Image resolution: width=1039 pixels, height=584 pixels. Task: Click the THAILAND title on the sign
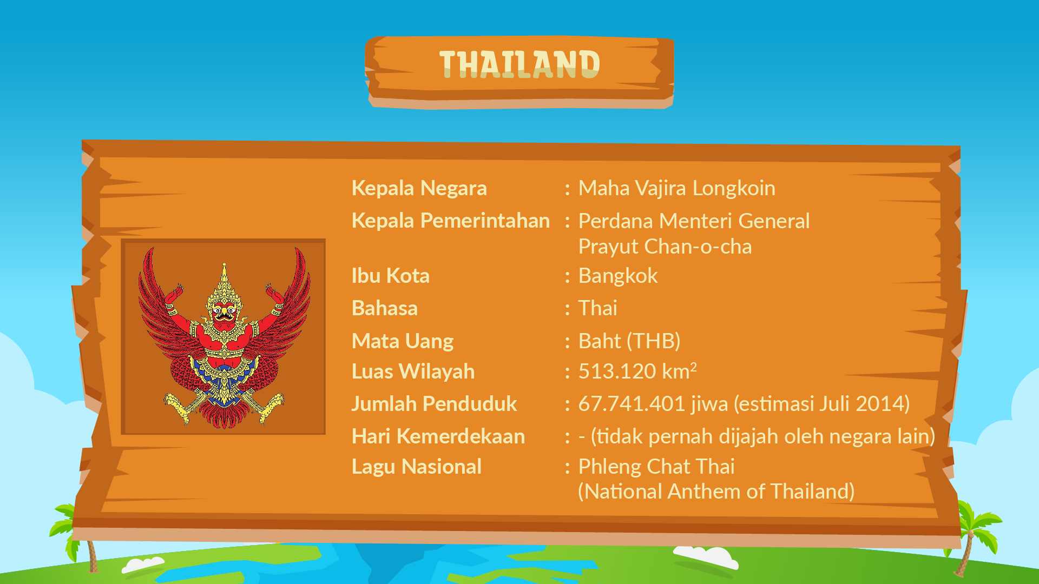point(519,64)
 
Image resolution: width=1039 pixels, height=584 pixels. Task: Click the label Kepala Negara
point(419,188)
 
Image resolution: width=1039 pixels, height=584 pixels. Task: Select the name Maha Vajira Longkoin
point(677,188)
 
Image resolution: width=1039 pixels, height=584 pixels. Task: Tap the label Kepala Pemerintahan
point(451,221)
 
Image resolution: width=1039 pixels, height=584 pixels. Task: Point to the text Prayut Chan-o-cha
point(665,247)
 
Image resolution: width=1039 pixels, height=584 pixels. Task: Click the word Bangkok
point(618,276)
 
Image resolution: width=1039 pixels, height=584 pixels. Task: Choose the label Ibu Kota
point(391,276)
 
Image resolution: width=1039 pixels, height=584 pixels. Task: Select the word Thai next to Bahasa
point(598,308)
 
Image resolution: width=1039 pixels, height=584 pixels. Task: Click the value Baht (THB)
point(629,341)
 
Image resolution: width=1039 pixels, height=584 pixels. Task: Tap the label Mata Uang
point(403,342)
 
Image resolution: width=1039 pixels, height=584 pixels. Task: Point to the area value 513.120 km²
point(637,371)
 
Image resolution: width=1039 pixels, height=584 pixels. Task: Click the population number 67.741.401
point(632,404)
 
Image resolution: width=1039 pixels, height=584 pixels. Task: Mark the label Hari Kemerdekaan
point(438,436)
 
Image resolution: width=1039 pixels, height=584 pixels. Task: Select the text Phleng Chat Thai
point(656,467)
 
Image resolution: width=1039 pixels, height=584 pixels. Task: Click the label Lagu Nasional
point(417,467)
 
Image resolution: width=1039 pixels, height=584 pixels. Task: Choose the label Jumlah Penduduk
point(434,404)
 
